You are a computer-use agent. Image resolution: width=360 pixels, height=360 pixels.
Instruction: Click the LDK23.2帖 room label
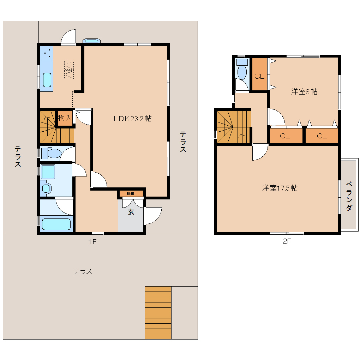click(133, 119)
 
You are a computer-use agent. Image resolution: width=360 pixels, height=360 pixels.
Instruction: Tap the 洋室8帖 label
click(304, 92)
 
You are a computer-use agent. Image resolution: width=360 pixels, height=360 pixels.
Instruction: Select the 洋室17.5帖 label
click(280, 188)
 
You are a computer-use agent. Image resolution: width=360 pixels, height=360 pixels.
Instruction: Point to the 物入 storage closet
click(65, 118)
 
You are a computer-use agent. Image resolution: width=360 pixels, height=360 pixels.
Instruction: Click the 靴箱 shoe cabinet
click(130, 193)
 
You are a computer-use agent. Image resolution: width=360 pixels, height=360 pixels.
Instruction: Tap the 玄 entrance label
click(131, 212)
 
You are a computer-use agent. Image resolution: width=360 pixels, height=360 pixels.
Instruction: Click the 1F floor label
click(92, 241)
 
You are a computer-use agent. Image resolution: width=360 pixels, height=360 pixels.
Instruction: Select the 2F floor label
click(287, 241)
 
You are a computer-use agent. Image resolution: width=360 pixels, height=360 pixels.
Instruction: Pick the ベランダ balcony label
click(349, 196)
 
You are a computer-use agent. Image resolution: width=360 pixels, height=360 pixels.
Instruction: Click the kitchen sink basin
click(47, 80)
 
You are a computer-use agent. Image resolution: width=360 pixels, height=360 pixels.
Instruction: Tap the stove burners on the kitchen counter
click(47, 53)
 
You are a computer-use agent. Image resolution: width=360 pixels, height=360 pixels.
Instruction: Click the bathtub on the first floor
click(56, 224)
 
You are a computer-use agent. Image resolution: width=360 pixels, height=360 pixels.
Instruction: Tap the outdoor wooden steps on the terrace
click(158, 313)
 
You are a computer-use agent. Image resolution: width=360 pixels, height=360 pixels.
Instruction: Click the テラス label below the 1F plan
click(83, 272)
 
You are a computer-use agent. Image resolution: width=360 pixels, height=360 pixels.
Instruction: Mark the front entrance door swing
click(154, 216)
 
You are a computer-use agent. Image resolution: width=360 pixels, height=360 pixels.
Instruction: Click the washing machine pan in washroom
click(48, 172)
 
